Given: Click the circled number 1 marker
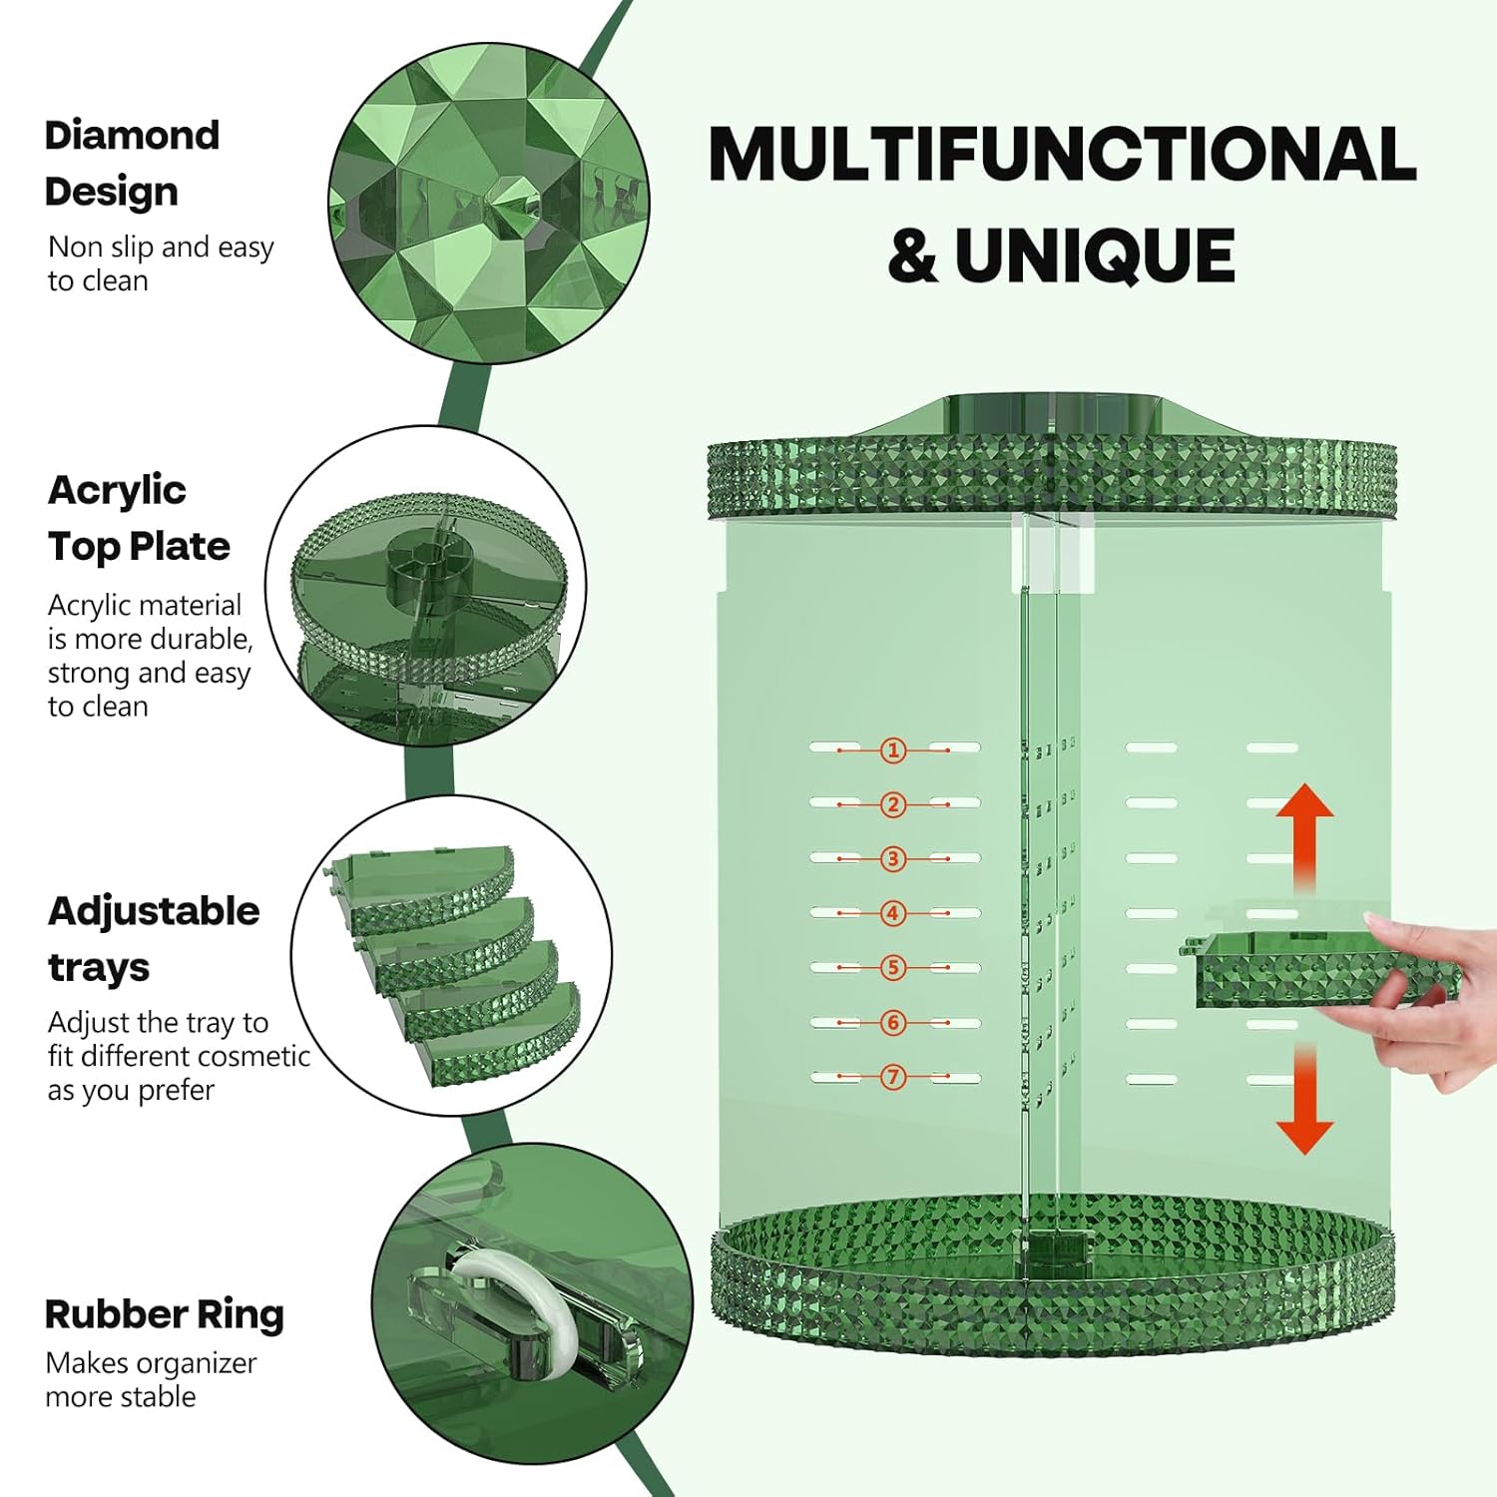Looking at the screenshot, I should point(893,749).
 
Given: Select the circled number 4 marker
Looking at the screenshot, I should point(893,913).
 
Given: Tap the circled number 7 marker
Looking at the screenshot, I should point(893,1077).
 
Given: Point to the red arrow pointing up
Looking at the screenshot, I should point(1304,833).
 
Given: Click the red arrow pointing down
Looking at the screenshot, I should point(1304,1103).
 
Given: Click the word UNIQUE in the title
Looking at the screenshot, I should point(1095,255).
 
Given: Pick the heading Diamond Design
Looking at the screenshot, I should point(132,163).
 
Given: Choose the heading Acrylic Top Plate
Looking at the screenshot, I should point(139,518).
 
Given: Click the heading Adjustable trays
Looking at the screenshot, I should point(154,939).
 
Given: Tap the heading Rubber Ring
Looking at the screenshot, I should point(165,1314).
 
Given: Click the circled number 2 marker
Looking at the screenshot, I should point(893,804).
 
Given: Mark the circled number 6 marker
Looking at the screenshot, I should point(893,1023).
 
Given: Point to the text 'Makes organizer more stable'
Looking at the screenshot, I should point(151,1379).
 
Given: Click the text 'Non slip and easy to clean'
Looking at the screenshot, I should point(161,263).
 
